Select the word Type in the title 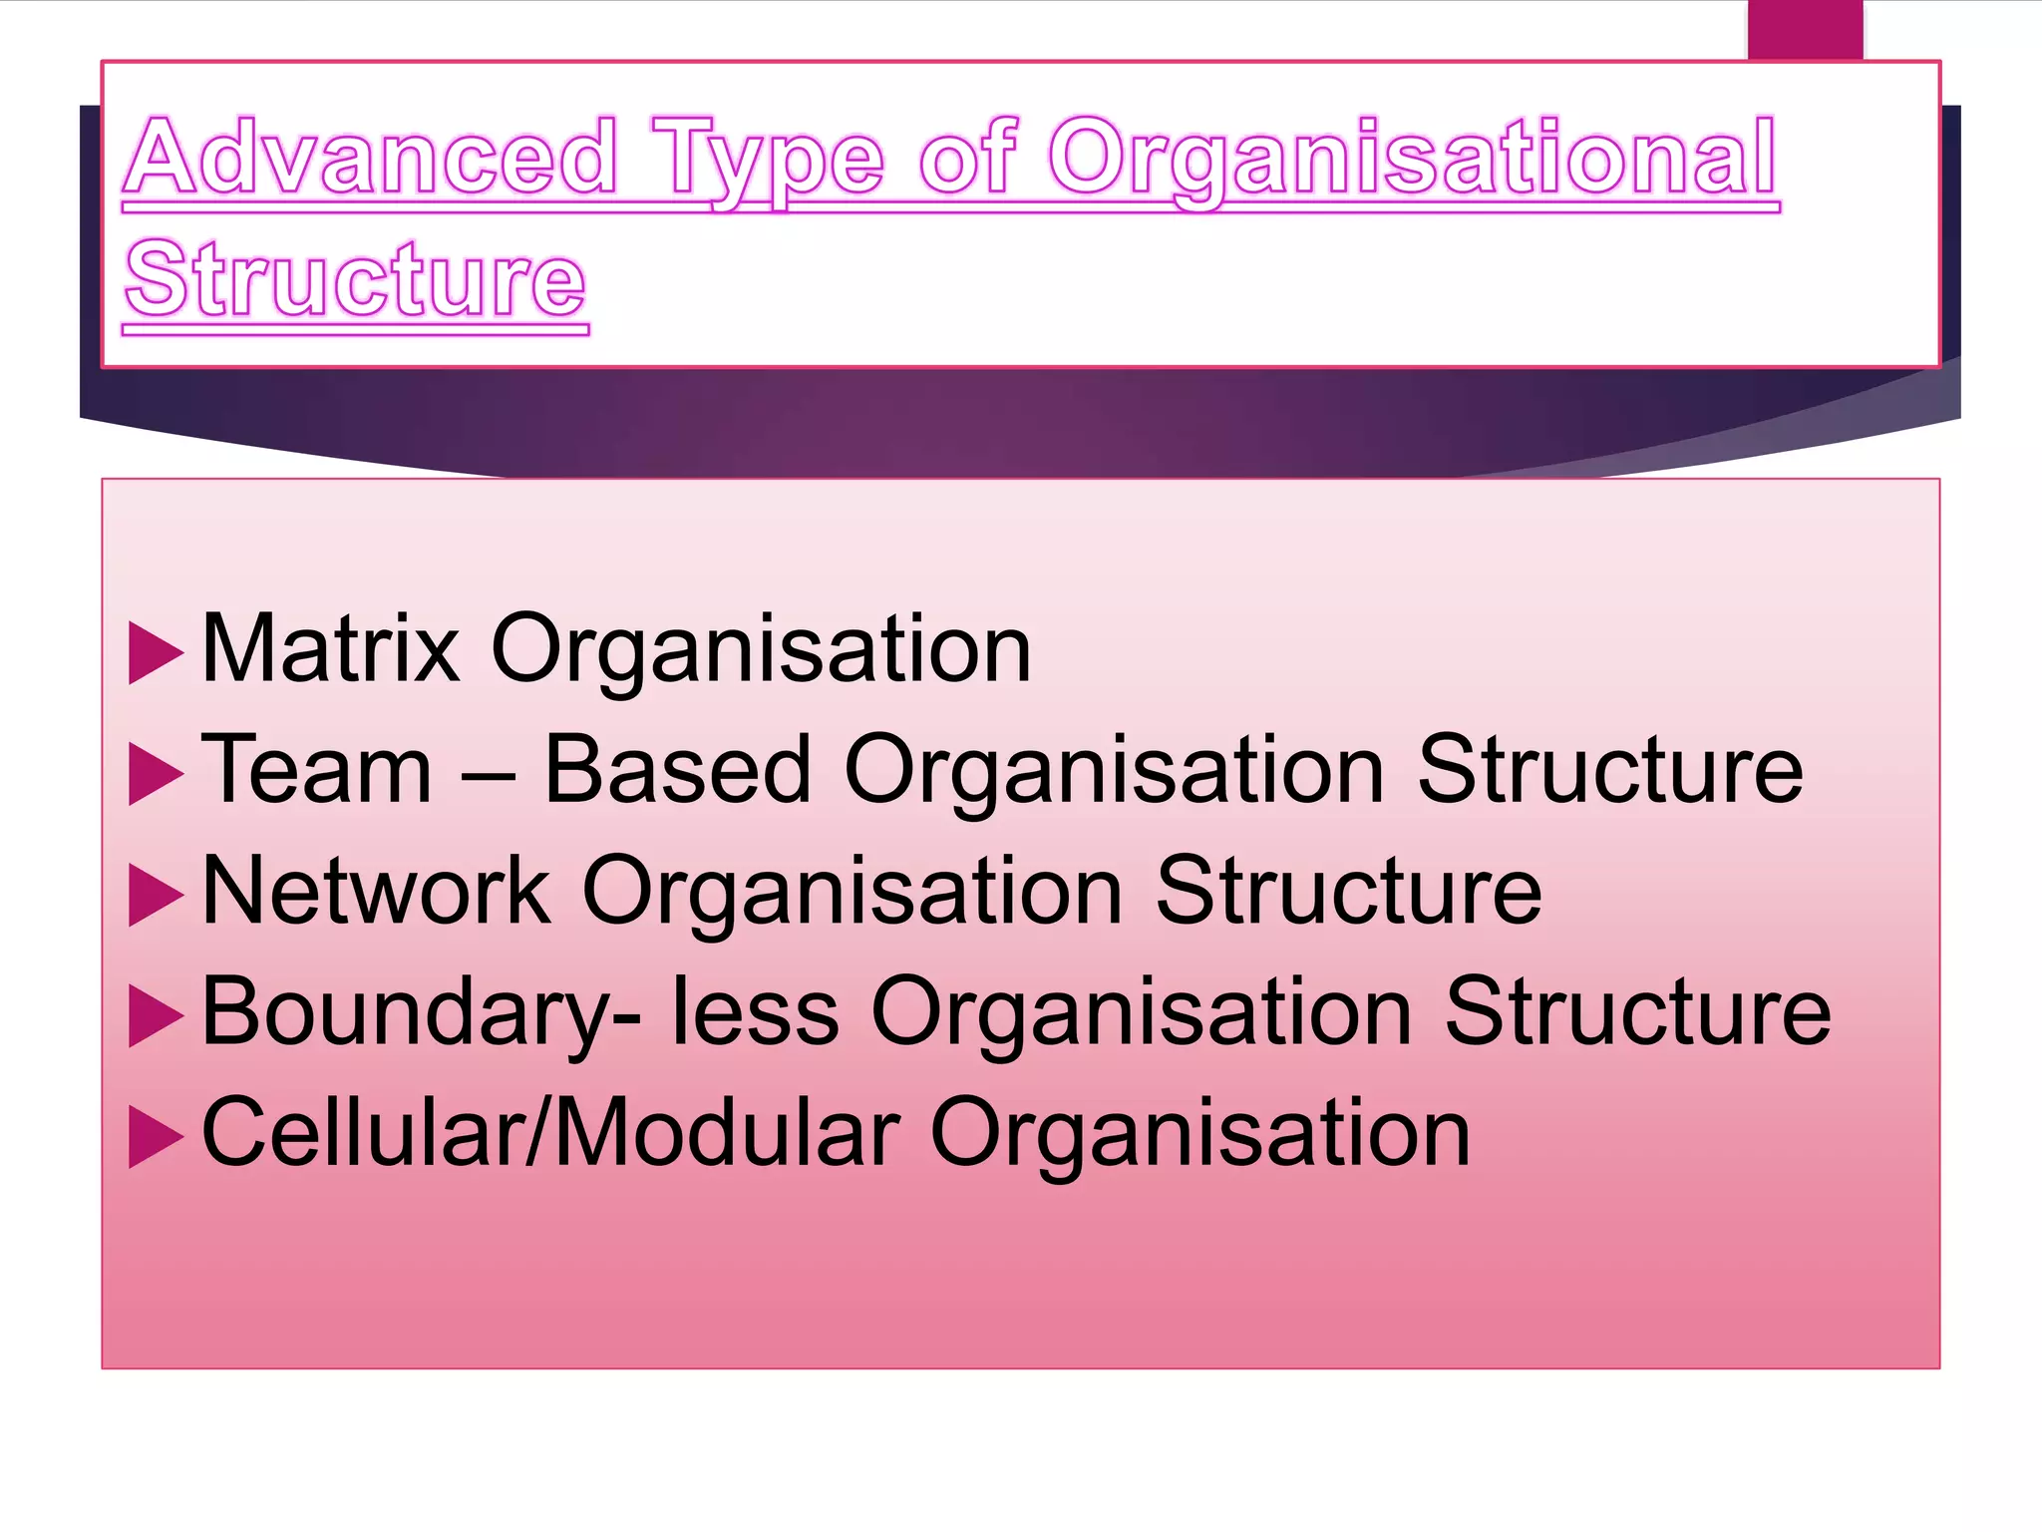tap(768, 160)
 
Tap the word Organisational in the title tap(1412, 160)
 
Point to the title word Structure tap(355, 280)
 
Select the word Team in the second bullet tap(317, 770)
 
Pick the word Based tap(678, 770)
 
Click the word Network tap(376, 891)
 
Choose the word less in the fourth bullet tap(755, 1012)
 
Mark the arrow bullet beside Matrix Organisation tap(157, 654)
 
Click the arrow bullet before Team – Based tap(157, 775)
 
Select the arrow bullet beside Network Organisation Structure tap(157, 896)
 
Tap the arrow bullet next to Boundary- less tap(157, 1017)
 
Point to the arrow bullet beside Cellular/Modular tap(157, 1138)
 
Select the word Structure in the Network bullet tap(1348, 891)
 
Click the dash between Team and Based tap(489, 774)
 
